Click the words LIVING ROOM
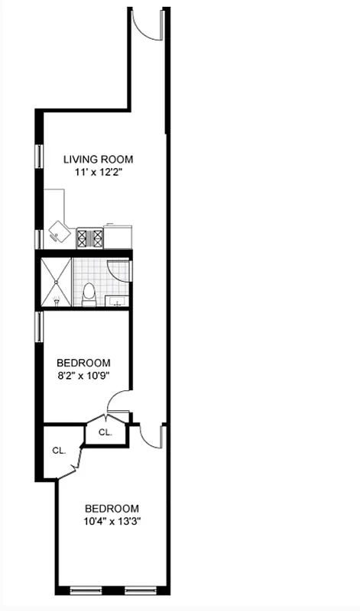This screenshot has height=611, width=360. point(98,160)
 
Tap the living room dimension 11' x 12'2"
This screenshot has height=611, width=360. point(98,173)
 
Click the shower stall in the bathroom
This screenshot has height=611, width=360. point(56,281)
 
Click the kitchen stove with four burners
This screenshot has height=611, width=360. point(89,238)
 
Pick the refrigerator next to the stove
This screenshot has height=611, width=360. point(118,236)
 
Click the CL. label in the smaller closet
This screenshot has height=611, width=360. point(105,432)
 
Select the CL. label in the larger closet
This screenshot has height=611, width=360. point(59,451)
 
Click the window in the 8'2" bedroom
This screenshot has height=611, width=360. point(39,326)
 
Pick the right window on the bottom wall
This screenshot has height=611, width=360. point(141,590)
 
